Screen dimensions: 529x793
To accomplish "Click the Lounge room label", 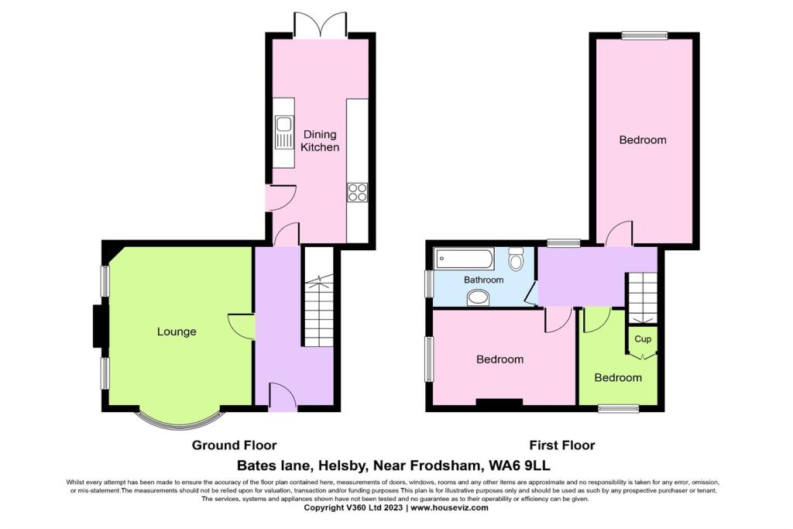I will [x=177, y=331].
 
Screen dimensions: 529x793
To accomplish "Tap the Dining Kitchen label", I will [x=320, y=141].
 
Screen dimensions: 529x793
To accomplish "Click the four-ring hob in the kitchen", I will [x=357, y=191].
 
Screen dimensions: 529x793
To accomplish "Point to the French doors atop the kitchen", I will [x=320, y=25].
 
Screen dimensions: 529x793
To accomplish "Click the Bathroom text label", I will [x=483, y=280].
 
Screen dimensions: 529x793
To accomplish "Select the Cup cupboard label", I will [x=643, y=339].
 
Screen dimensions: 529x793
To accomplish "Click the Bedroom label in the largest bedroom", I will [x=643, y=140].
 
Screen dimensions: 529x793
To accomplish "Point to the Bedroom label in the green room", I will [x=618, y=377].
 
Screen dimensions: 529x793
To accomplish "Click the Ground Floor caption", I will [x=234, y=445].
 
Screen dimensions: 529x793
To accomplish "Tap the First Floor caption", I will [x=561, y=445].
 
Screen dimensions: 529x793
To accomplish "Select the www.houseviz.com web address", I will [x=449, y=508].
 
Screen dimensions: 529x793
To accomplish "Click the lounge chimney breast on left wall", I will [x=97, y=326].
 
